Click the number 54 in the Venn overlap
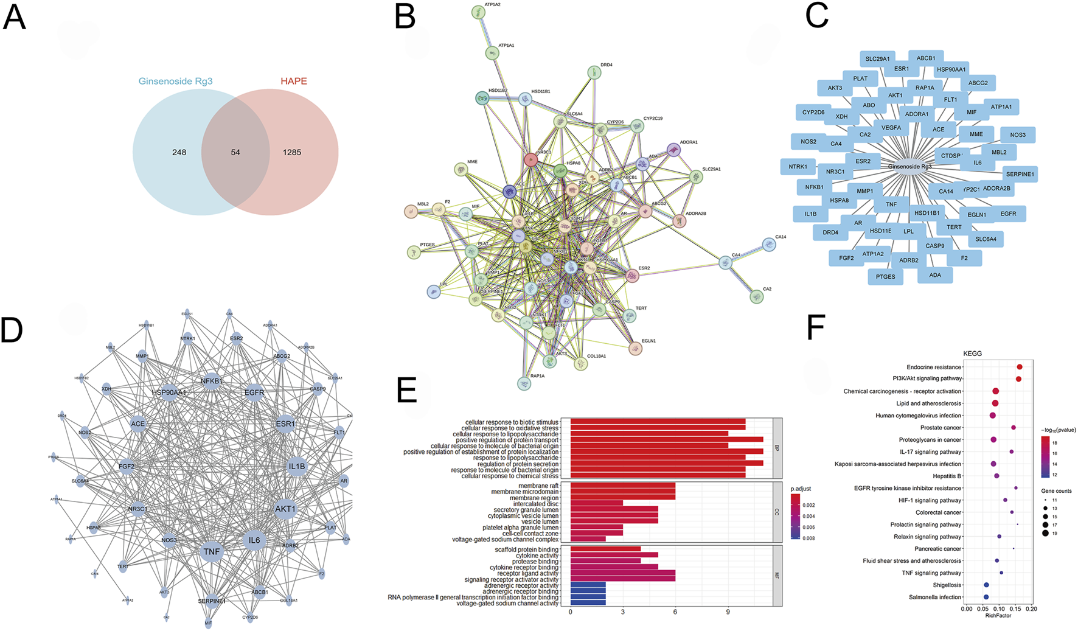[235, 152]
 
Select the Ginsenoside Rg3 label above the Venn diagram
[175, 81]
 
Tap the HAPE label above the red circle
[293, 81]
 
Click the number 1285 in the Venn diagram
[291, 152]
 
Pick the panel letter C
[816, 16]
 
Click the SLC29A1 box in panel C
[877, 59]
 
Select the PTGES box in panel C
[885, 276]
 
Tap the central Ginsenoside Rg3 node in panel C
[909, 167]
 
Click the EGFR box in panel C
[1008, 214]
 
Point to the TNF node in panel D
[212, 551]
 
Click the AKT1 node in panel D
[285, 509]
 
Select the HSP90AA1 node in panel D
[169, 392]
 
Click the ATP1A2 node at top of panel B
[478, 12]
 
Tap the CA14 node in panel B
[769, 245]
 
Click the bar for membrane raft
[622, 486]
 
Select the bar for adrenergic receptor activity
[588, 585]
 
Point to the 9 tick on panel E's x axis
[728, 612]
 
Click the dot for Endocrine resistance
[1020, 367]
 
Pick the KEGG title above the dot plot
[972, 354]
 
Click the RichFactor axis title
[998, 616]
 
